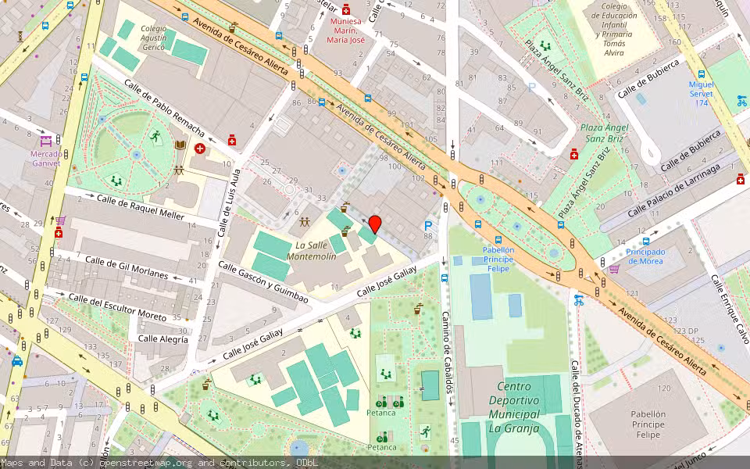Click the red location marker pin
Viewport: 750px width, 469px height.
tap(375, 224)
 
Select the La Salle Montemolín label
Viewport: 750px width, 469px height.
tap(312, 250)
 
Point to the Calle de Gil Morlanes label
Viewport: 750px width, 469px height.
tap(127, 267)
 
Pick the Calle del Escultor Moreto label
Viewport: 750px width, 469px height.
tap(117, 307)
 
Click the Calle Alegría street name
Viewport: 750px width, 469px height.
tap(162, 339)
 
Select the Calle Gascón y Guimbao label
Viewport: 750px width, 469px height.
tap(262, 282)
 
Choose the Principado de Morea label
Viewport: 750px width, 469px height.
tap(645, 256)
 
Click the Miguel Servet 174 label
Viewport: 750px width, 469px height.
tap(702, 93)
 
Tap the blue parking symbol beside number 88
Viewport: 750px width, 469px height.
tap(427, 226)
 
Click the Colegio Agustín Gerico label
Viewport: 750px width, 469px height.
tap(153, 39)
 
